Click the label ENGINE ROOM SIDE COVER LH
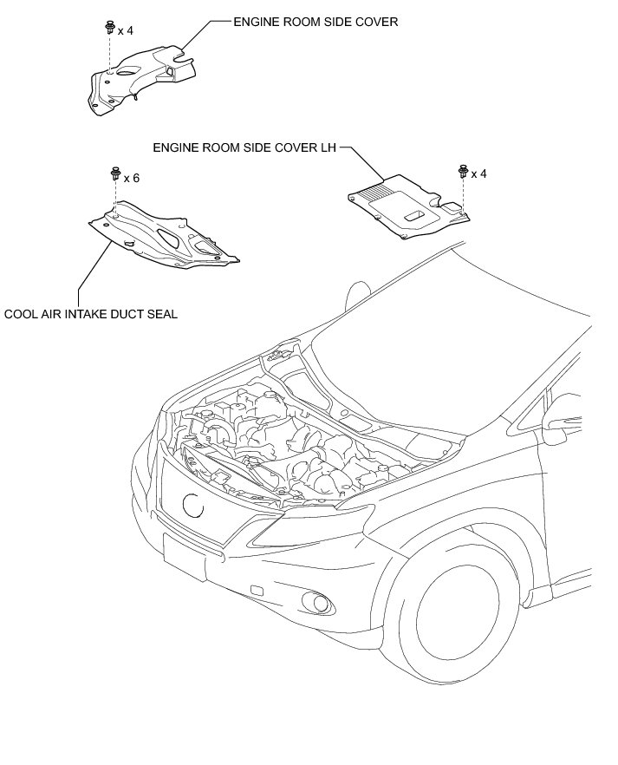(244, 147)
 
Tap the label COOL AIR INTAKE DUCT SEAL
(91, 314)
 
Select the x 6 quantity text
(132, 179)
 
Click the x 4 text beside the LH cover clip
(478, 173)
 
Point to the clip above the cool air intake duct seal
(114, 174)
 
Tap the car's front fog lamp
(322, 604)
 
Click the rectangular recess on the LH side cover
(413, 213)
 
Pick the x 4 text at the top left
(127, 31)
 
